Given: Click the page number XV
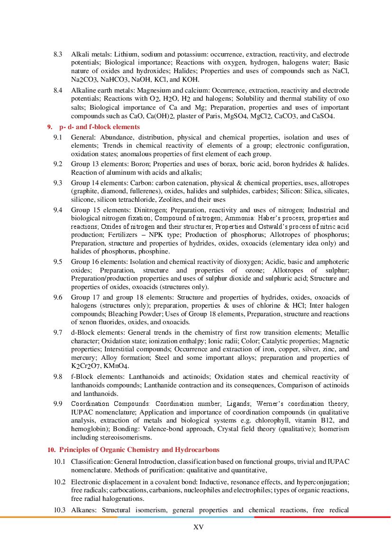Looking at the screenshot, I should tap(199, 527).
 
